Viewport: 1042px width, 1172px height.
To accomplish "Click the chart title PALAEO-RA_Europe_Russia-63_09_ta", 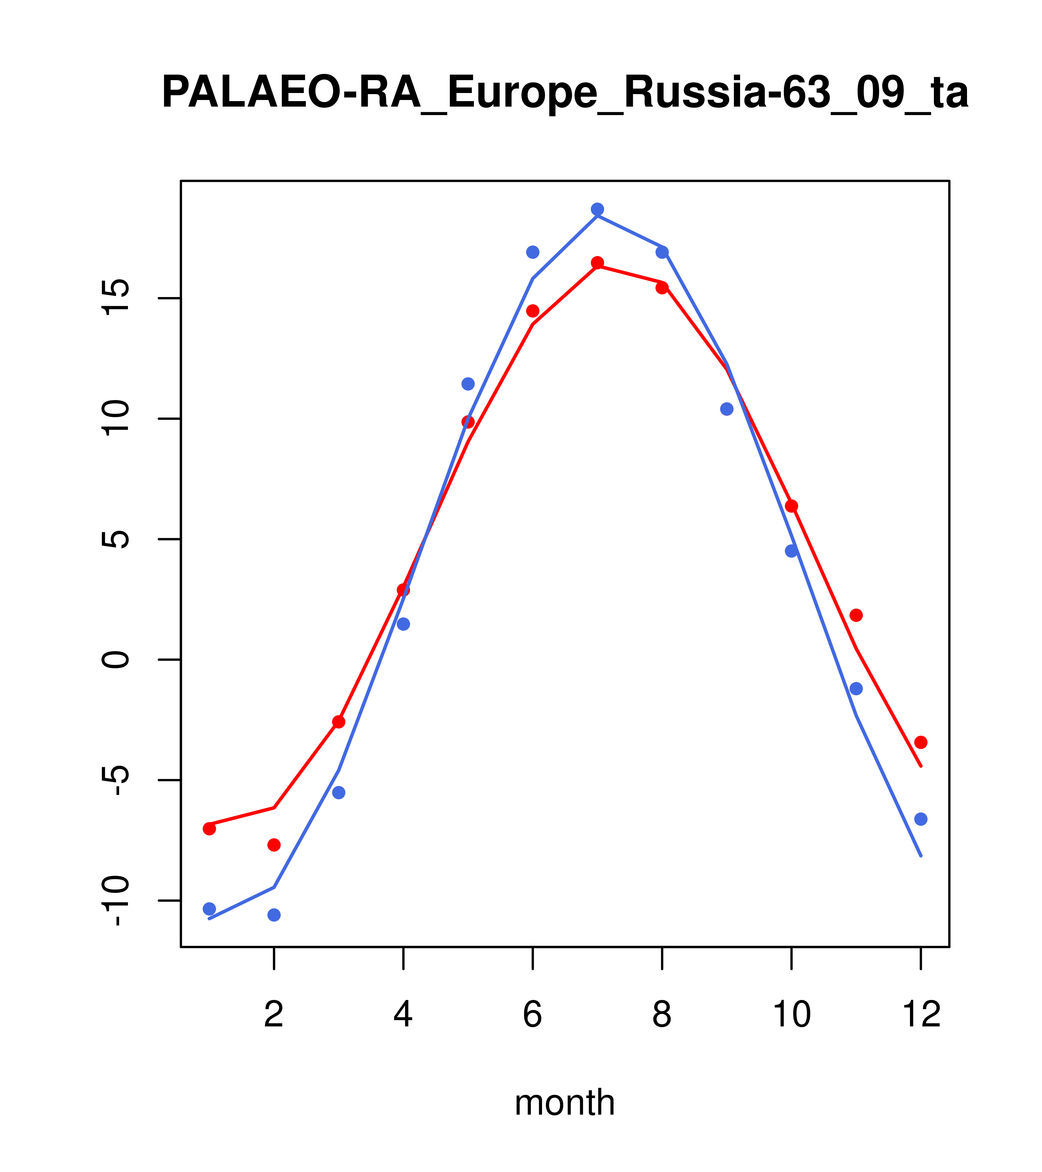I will [x=565, y=93].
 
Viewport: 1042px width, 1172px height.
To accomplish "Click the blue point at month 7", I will [x=597, y=209].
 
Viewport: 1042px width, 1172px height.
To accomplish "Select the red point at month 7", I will [x=597, y=262].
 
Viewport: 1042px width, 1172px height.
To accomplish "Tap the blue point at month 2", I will [x=274, y=915].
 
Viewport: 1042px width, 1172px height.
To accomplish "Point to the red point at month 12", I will [x=921, y=743].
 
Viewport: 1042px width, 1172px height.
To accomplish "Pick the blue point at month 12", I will [x=921, y=819].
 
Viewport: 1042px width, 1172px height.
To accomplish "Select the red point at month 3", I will [x=339, y=722].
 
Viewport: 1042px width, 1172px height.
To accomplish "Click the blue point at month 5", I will [x=468, y=383].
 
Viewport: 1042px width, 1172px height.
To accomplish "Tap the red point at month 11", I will [x=856, y=615].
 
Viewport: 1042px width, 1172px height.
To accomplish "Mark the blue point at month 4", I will [x=404, y=624].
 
